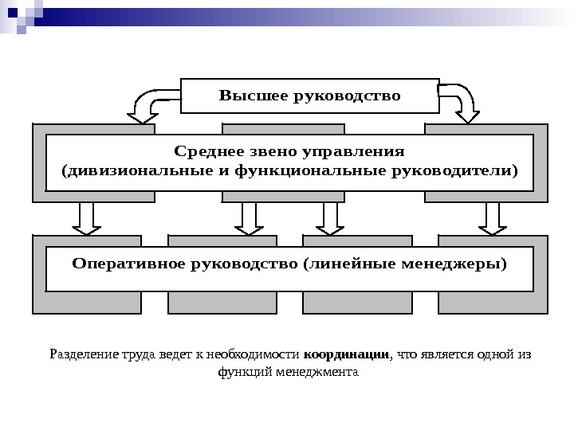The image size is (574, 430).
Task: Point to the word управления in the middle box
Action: pyautogui.click(x=353, y=151)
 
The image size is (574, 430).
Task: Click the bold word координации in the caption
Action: pyautogui.click(x=347, y=354)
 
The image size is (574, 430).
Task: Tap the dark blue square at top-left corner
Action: pyautogui.click(x=12, y=12)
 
